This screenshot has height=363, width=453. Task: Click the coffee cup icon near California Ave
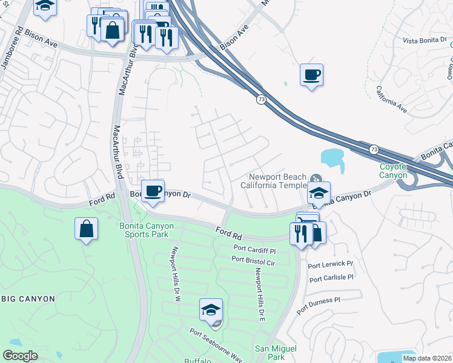coord(311,75)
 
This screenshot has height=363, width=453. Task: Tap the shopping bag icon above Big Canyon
coord(87,229)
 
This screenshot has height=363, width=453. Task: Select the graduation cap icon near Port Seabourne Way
coord(211,310)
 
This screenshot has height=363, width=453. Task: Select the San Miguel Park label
coord(276,353)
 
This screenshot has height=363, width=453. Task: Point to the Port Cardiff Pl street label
coord(254,250)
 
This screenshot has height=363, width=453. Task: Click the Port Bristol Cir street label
coord(253,259)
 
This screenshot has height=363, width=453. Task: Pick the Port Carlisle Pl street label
coord(331,278)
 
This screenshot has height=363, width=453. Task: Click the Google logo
coord(20,356)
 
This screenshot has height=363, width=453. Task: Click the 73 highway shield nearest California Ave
coord(260,99)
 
